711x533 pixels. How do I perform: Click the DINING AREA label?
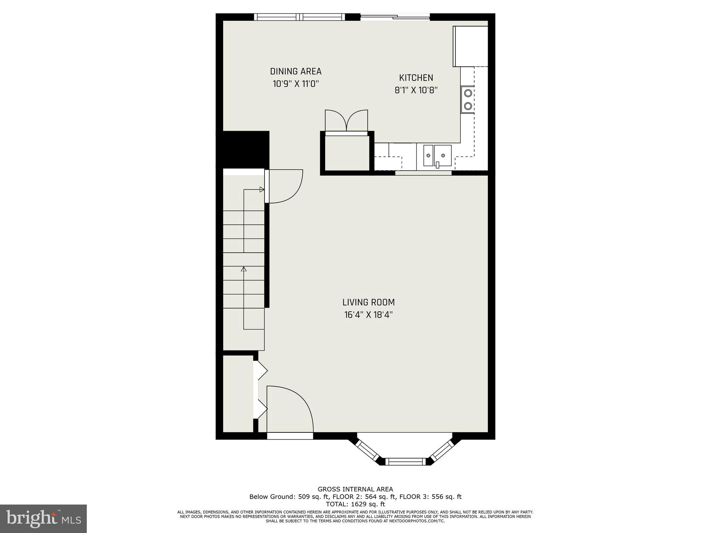click(x=296, y=71)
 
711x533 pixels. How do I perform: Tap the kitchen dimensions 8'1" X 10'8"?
click(x=416, y=90)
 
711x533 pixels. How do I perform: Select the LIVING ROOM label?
click(x=368, y=302)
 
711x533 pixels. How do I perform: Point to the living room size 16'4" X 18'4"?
click(x=368, y=315)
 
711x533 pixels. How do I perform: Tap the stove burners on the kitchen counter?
click(x=468, y=99)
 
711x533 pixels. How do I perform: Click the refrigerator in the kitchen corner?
click(x=470, y=46)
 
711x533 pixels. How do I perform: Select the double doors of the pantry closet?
click(x=346, y=121)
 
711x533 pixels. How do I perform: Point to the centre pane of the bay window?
click(x=405, y=462)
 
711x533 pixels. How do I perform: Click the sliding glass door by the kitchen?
click(x=395, y=17)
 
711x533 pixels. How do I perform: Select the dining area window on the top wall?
click(x=299, y=17)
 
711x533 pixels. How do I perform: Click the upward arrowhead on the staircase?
click(x=244, y=269)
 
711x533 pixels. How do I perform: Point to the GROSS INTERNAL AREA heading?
click(x=355, y=490)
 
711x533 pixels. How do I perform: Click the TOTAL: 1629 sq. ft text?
click(x=355, y=504)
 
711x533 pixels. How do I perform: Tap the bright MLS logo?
click(x=43, y=519)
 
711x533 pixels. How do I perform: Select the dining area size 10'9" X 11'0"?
click(x=296, y=84)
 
